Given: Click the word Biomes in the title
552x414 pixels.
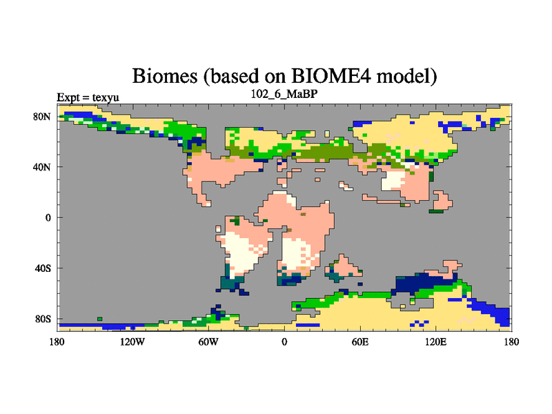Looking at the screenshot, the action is pyautogui.click(x=164, y=76).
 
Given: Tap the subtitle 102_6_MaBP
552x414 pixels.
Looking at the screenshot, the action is pyautogui.click(x=284, y=94).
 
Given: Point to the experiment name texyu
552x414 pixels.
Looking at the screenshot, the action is pyautogui.click(x=106, y=97).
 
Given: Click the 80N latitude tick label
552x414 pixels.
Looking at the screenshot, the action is pyautogui.click(x=41, y=117).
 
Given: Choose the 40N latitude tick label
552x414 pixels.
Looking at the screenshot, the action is pyautogui.click(x=41, y=167).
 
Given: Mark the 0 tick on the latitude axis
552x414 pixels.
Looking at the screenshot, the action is pyautogui.click(x=48, y=218).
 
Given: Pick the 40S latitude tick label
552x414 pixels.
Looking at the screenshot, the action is pyautogui.click(x=42, y=268).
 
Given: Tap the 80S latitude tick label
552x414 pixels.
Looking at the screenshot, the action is pyautogui.click(x=42, y=319).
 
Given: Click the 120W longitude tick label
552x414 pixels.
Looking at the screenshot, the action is pyautogui.click(x=132, y=342).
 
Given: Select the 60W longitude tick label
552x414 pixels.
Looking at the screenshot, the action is pyautogui.click(x=208, y=342).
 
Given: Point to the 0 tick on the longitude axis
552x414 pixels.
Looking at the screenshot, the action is pyautogui.click(x=284, y=342).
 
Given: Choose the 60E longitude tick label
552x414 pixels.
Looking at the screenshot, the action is pyautogui.click(x=360, y=342).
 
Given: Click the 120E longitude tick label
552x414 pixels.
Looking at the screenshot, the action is pyautogui.click(x=436, y=342).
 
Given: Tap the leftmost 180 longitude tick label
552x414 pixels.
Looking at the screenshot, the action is pyautogui.click(x=57, y=342).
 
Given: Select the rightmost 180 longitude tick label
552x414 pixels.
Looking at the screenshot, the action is pyautogui.click(x=511, y=342).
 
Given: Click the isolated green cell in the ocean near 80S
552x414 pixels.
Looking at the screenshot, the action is pyautogui.click(x=99, y=319).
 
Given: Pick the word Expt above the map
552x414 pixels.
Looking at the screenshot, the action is pyautogui.click(x=68, y=97).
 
